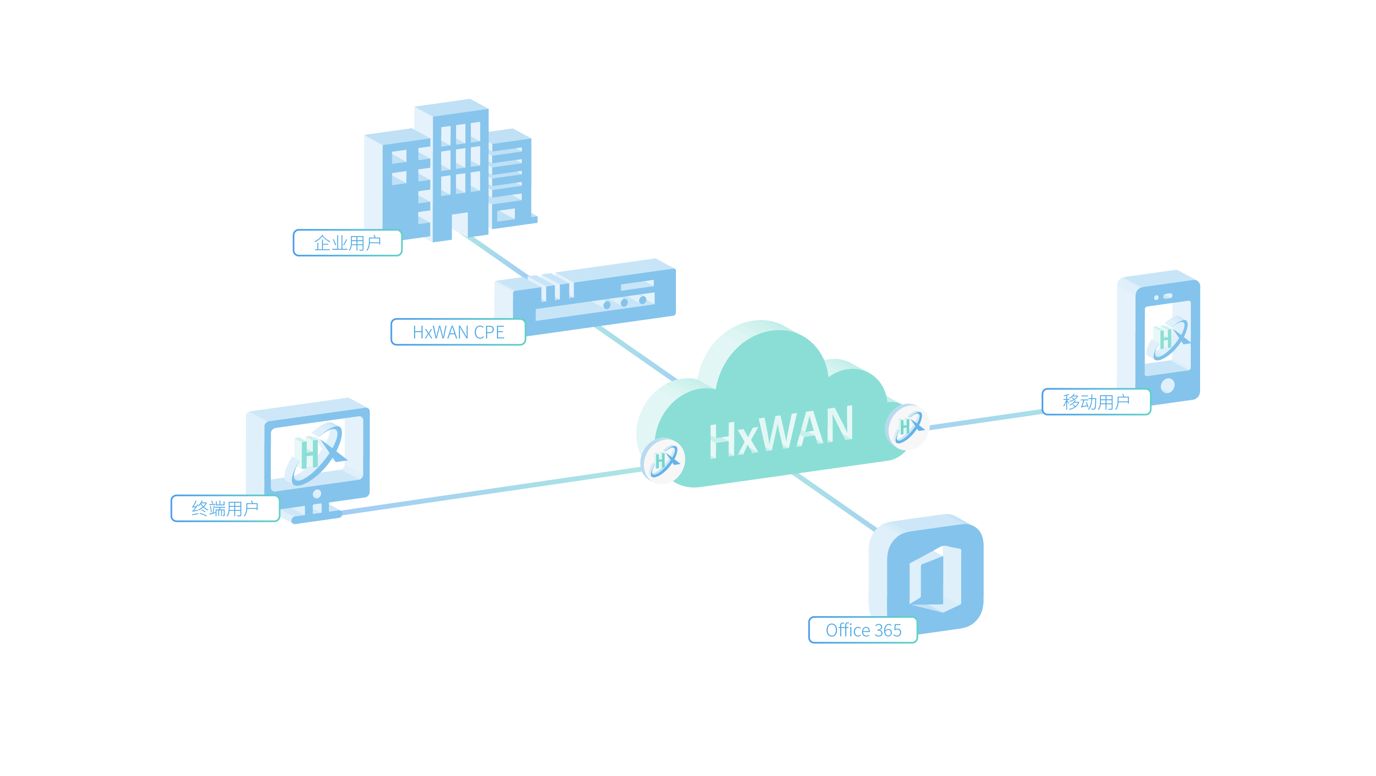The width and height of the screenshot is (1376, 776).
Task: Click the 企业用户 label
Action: tap(347, 243)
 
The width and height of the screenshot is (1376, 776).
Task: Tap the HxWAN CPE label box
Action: tap(458, 332)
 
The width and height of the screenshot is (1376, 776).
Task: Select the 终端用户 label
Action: tap(225, 508)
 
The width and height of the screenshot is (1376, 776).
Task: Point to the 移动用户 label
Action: tap(1096, 402)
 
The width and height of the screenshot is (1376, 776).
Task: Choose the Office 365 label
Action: tap(863, 630)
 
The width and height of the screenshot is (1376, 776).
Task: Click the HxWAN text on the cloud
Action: tap(781, 431)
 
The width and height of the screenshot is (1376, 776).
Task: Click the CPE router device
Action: tap(593, 296)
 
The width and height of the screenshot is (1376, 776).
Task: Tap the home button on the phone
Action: tap(1168, 385)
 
